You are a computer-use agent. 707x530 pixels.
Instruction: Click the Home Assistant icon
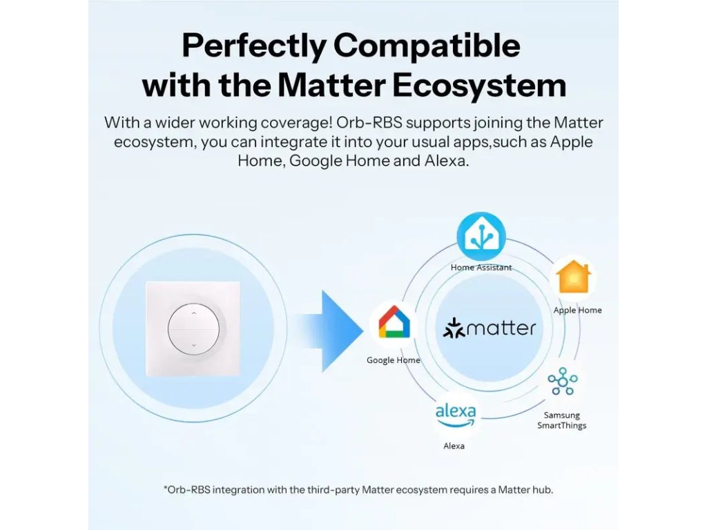[x=481, y=236]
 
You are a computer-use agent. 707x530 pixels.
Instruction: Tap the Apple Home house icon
[x=573, y=277]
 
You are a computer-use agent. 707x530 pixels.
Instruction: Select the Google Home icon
[x=394, y=322]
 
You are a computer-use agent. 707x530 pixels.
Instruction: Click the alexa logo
[x=456, y=415]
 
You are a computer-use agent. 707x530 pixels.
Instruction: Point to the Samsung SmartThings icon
[x=562, y=381]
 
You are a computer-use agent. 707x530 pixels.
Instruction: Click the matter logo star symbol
[x=454, y=328]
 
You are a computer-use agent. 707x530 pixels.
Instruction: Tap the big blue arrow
[x=331, y=331]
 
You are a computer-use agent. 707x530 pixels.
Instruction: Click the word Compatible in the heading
[x=427, y=46]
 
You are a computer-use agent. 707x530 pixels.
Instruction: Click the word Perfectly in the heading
[x=254, y=46]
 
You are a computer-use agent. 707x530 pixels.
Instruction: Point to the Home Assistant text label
[x=481, y=267]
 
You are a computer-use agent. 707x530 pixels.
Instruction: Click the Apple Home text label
[x=578, y=310]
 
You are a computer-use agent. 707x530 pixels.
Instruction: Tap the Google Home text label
[x=393, y=360]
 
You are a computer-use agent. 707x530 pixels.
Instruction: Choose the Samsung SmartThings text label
[x=562, y=420]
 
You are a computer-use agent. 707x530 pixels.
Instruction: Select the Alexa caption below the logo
[x=454, y=446]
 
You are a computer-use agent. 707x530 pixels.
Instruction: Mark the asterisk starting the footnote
[x=166, y=488]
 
